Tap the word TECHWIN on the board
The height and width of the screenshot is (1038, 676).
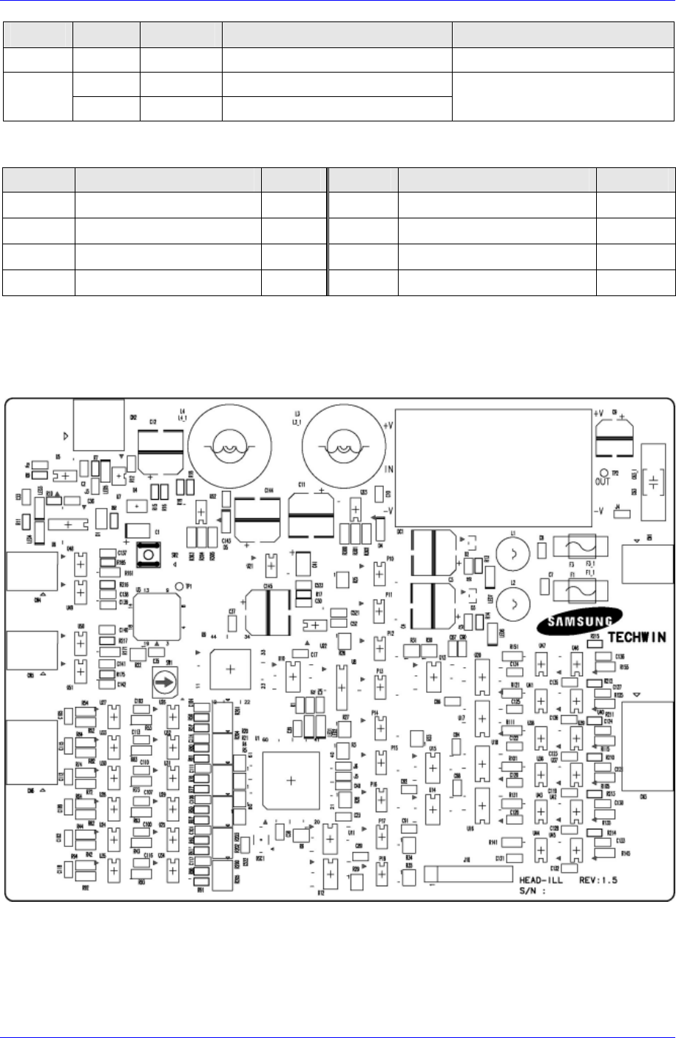pos(637,637)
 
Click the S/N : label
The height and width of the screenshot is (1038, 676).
pos(533,891)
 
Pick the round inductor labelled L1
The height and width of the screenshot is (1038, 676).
pos(510,552)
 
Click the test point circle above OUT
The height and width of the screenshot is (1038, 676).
pos(605,472)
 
